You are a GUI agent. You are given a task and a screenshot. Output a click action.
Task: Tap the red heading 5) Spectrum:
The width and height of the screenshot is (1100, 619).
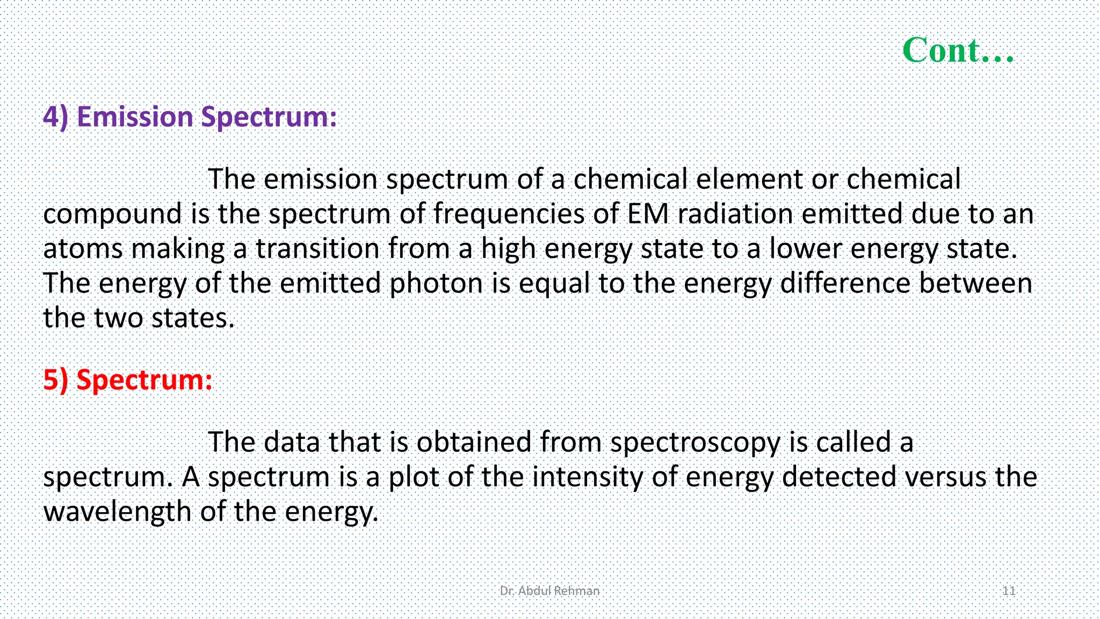pos(128,380)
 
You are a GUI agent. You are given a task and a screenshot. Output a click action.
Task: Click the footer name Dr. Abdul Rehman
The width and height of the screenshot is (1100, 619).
pos(549,591)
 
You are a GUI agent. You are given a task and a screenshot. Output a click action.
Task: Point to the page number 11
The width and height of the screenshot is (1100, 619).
pos(1009,591)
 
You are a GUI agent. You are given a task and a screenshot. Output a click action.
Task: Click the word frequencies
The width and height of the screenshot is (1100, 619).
pos(509,214)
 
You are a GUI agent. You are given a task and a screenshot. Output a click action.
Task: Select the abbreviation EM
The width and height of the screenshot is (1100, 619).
pos(648,214)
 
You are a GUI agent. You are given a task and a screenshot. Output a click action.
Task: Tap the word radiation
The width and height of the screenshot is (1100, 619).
pos(735,214)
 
